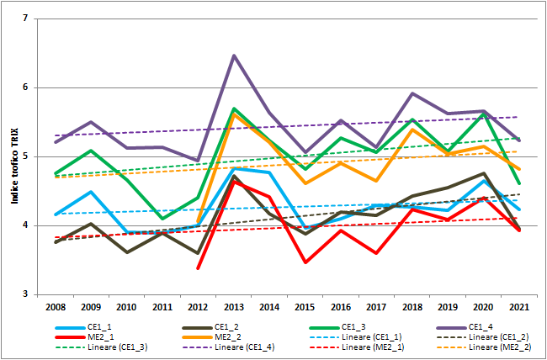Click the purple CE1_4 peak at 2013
click(233, 56)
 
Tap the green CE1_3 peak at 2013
click(233, 109)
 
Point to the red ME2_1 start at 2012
click(198, 268)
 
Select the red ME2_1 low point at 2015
click(305, 262)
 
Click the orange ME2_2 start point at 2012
click(198, 222)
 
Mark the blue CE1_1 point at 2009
click(91, 192)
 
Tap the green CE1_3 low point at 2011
click(162, 219)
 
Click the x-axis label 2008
click(55, 307)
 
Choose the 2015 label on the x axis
click(305, 307)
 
